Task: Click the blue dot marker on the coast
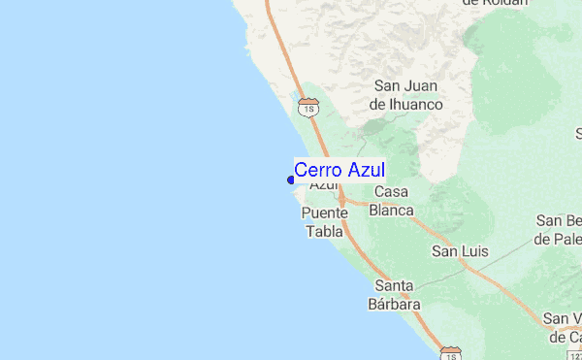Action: [291, 179]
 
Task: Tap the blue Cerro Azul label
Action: [339, 170]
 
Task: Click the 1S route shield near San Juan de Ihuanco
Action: [308, 106]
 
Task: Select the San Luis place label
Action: [460, 252]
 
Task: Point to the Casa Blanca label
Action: [393, 201]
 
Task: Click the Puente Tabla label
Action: [324, 222]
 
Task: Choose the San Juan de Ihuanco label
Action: [408, 95]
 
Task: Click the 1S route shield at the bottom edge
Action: [450, 351]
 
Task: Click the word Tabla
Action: [324, 232]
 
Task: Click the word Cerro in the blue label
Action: [315, 170]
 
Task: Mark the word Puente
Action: [324, 213]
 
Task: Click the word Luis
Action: [475, 252]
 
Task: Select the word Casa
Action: [392, 192]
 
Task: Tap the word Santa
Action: [396, 285]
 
